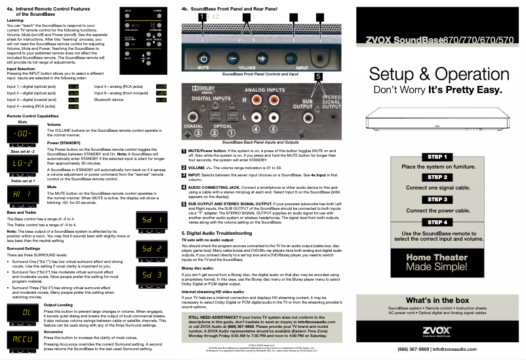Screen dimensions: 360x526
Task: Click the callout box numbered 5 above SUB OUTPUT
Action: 318,77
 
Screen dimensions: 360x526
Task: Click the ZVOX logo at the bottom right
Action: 437,329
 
